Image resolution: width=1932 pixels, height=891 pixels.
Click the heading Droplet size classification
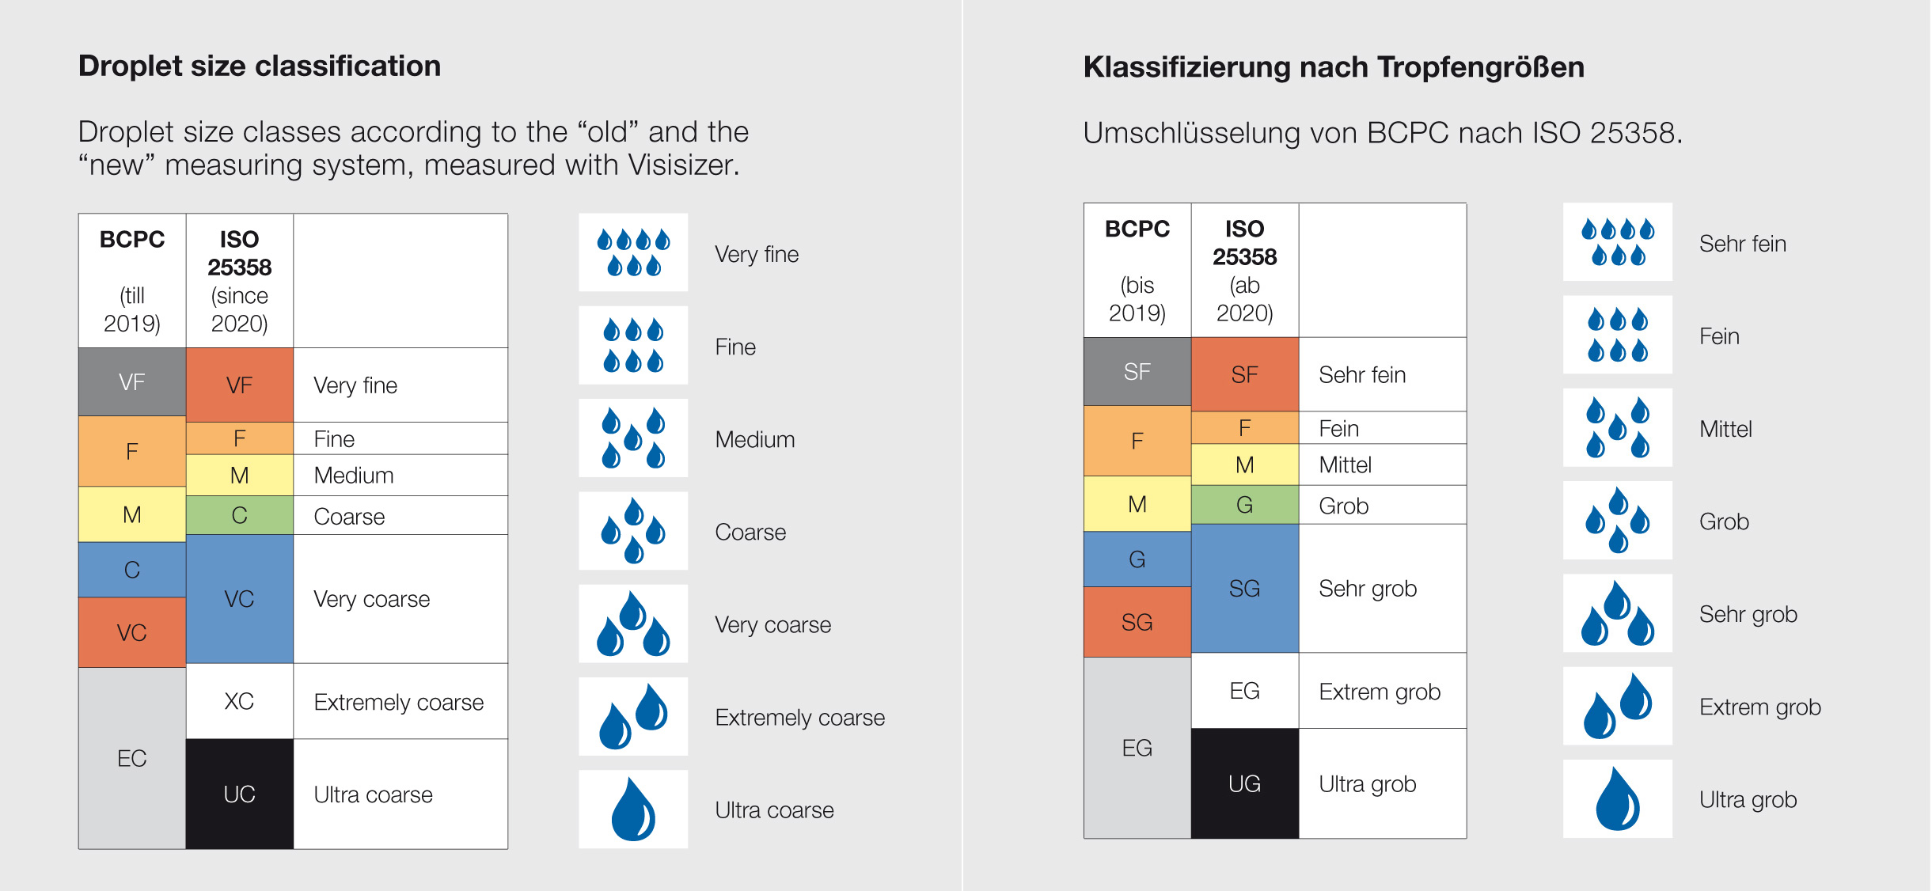260,66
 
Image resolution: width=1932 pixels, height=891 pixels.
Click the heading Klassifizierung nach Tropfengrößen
1334,67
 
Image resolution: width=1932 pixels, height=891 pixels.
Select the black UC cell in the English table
239,794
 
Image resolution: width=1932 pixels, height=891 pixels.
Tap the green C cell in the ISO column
239,516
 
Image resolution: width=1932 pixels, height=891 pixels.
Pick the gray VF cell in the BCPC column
132,382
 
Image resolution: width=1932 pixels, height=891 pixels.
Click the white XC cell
239,701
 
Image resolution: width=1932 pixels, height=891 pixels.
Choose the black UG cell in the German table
1244,783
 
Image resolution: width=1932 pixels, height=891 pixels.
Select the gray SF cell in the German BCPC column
1137,372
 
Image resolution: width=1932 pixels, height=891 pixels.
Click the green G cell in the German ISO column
1244,505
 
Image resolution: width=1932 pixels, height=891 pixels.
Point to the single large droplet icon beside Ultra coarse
633,809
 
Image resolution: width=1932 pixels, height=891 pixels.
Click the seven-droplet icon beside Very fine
633,252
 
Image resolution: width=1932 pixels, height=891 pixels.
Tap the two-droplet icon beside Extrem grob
1617,706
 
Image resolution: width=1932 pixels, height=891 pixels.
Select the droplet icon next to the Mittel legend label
1617,428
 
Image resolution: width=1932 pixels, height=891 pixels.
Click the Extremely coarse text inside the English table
398,703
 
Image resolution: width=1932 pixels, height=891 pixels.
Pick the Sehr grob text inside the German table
1367,589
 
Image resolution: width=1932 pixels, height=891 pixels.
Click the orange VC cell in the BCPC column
132,632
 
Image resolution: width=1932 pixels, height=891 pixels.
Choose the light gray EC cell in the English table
132,758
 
